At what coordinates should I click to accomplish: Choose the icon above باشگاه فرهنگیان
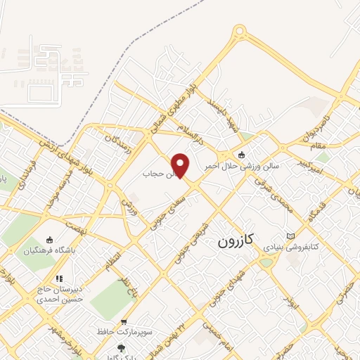pyautogui.click(x=49, y=240)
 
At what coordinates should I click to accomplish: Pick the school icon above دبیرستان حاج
pyautogui.click(x=59, y=279)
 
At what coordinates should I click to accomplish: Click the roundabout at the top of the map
pyautogui.click(x=240, y=31)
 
